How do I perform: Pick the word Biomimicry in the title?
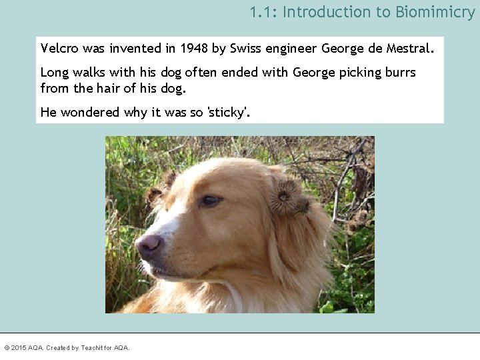(x=435, y=12)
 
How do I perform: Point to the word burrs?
(x=399, y=72)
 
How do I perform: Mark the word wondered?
(x=91, y=112)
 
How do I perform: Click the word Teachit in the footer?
(x=92, y=348)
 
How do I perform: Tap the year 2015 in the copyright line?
(x=19, y=348)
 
